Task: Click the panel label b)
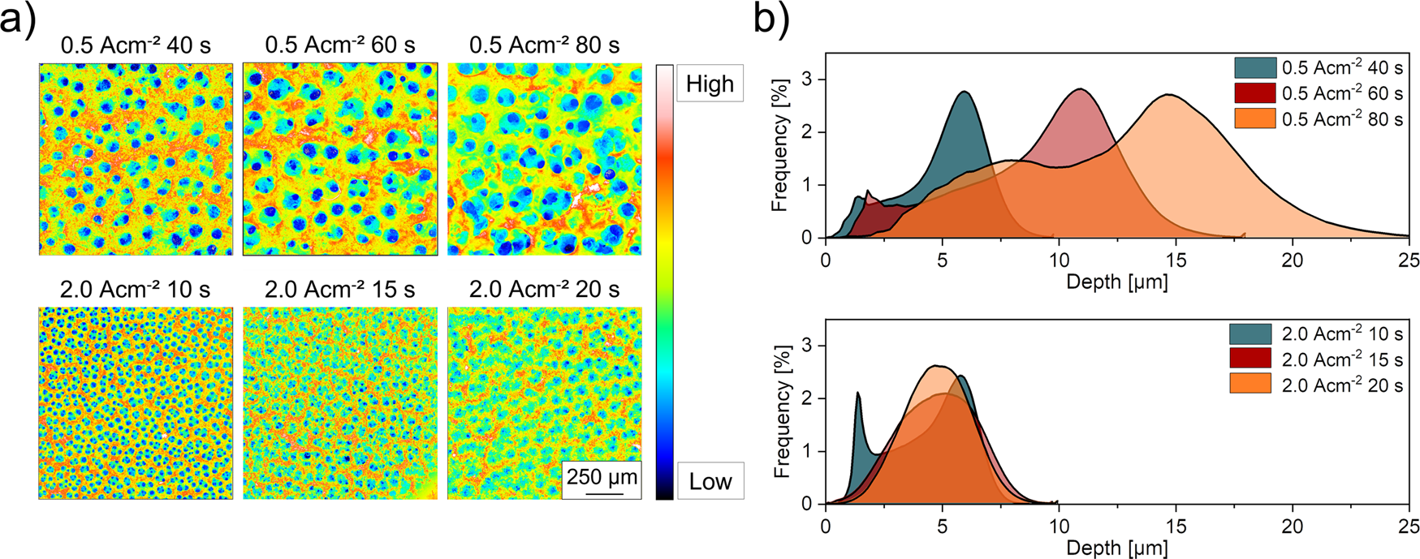[x=770, y=19]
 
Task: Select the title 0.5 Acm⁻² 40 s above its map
[x=136, y=45]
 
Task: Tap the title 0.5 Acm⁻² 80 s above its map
[x=544, y=45]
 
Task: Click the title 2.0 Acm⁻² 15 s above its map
[x=340, y=289]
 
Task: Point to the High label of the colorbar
[x=709, y=84]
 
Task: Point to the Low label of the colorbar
[x=710, y=481]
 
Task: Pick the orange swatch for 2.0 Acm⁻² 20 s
[x=1250, y=385]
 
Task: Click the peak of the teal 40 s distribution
[x=964, y=92]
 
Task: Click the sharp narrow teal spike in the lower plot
[x=858, y=393]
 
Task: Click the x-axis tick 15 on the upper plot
[x=1176, y=260]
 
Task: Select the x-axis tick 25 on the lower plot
[x=1409, y=527]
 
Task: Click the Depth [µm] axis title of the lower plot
[x=1116, y=548]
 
